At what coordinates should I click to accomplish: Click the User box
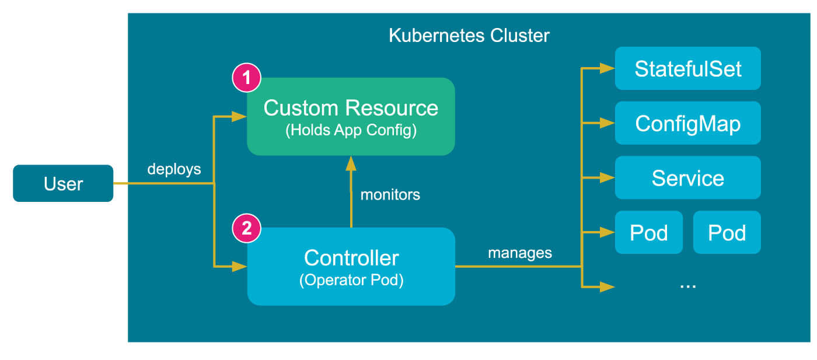[63, 184]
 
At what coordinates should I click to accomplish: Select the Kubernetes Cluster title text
[469, 36]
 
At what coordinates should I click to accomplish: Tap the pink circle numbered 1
[247, 78]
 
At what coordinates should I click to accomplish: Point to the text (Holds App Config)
[351, 130]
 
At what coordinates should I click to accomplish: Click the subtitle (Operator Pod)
[351, 280]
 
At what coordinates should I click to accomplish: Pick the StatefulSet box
[687, 68]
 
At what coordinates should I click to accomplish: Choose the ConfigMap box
[687, 123]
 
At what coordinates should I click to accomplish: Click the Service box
[687, 177]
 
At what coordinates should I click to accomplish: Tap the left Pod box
[648, 232]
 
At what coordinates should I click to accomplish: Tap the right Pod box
[727, 232]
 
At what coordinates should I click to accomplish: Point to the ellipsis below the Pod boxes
[687, 285]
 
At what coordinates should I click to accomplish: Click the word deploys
[174, 169]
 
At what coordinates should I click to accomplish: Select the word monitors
[390, 195]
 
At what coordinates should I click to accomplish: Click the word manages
[519, 253]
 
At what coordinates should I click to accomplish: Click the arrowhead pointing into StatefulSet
[607, 68]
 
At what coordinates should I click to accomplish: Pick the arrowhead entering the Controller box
[240, 267]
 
